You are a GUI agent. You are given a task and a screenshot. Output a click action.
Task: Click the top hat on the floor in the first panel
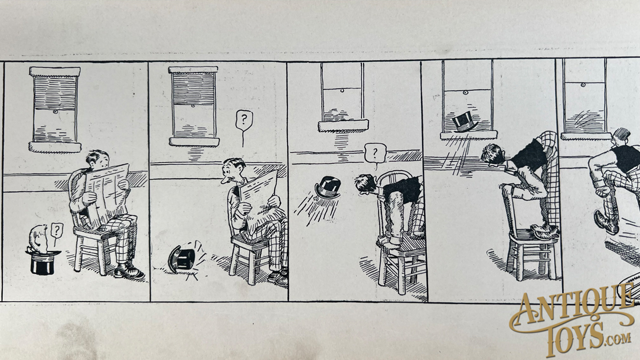pyautogui.click(x=43, y=263)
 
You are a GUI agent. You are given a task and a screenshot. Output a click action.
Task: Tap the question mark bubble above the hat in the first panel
pyautogui.click(x=56, y=231)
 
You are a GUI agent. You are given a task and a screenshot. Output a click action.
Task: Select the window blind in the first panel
pyautogui.click(x=55, y=93)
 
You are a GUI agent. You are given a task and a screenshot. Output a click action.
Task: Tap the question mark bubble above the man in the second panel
pyautogui.click(x=244, y=120)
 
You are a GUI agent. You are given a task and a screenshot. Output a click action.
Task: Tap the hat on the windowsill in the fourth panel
pyautogui.click(x=465, y=122)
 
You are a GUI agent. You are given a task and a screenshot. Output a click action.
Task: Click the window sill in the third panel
pyautogui.click(x=343, y=126)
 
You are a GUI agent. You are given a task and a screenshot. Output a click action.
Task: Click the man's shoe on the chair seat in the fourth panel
pyautogui.click(x=545, y=232)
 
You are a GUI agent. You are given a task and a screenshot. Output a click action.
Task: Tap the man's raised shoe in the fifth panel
pyautogui.click(x=606, y=222)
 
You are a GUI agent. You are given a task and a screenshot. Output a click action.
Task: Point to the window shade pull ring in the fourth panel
pyautogui.click(x=465, y=93)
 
